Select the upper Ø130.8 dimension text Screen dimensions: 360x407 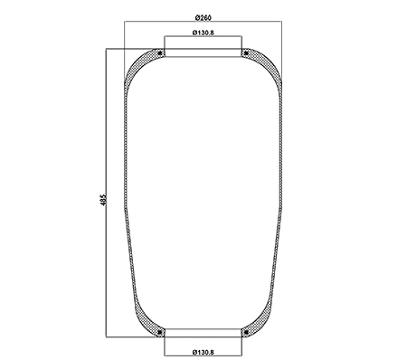coord(203,33)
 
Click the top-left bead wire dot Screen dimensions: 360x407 coord(161,54)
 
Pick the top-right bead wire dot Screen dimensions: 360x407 coord(245,54)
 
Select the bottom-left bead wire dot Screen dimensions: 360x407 coord(161,334)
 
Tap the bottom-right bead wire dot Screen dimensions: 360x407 coord(245,334)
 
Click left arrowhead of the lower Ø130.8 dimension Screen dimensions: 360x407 coord(166,343)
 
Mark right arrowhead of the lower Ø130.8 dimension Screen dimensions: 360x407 coord(241,343)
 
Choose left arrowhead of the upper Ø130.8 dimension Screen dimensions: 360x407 coord(166,40)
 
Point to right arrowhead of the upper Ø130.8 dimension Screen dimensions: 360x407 coord(241,40)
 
